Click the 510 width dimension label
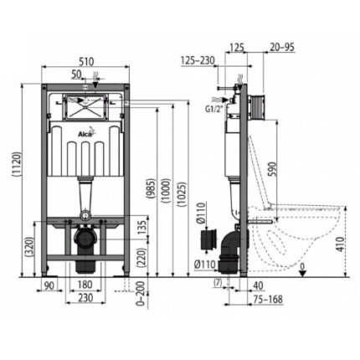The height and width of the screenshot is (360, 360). click(85, 61)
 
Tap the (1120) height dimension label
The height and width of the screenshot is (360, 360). click(17, 164)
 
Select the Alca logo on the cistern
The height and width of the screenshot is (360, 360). click(86, 134)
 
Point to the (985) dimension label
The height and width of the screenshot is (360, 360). click(152, 188)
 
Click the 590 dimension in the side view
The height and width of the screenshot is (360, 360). click(272, 169)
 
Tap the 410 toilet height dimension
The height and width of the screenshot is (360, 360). click(340, 244)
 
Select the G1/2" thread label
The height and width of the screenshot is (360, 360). click(214, 109)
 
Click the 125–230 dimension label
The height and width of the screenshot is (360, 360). click(198, 60)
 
